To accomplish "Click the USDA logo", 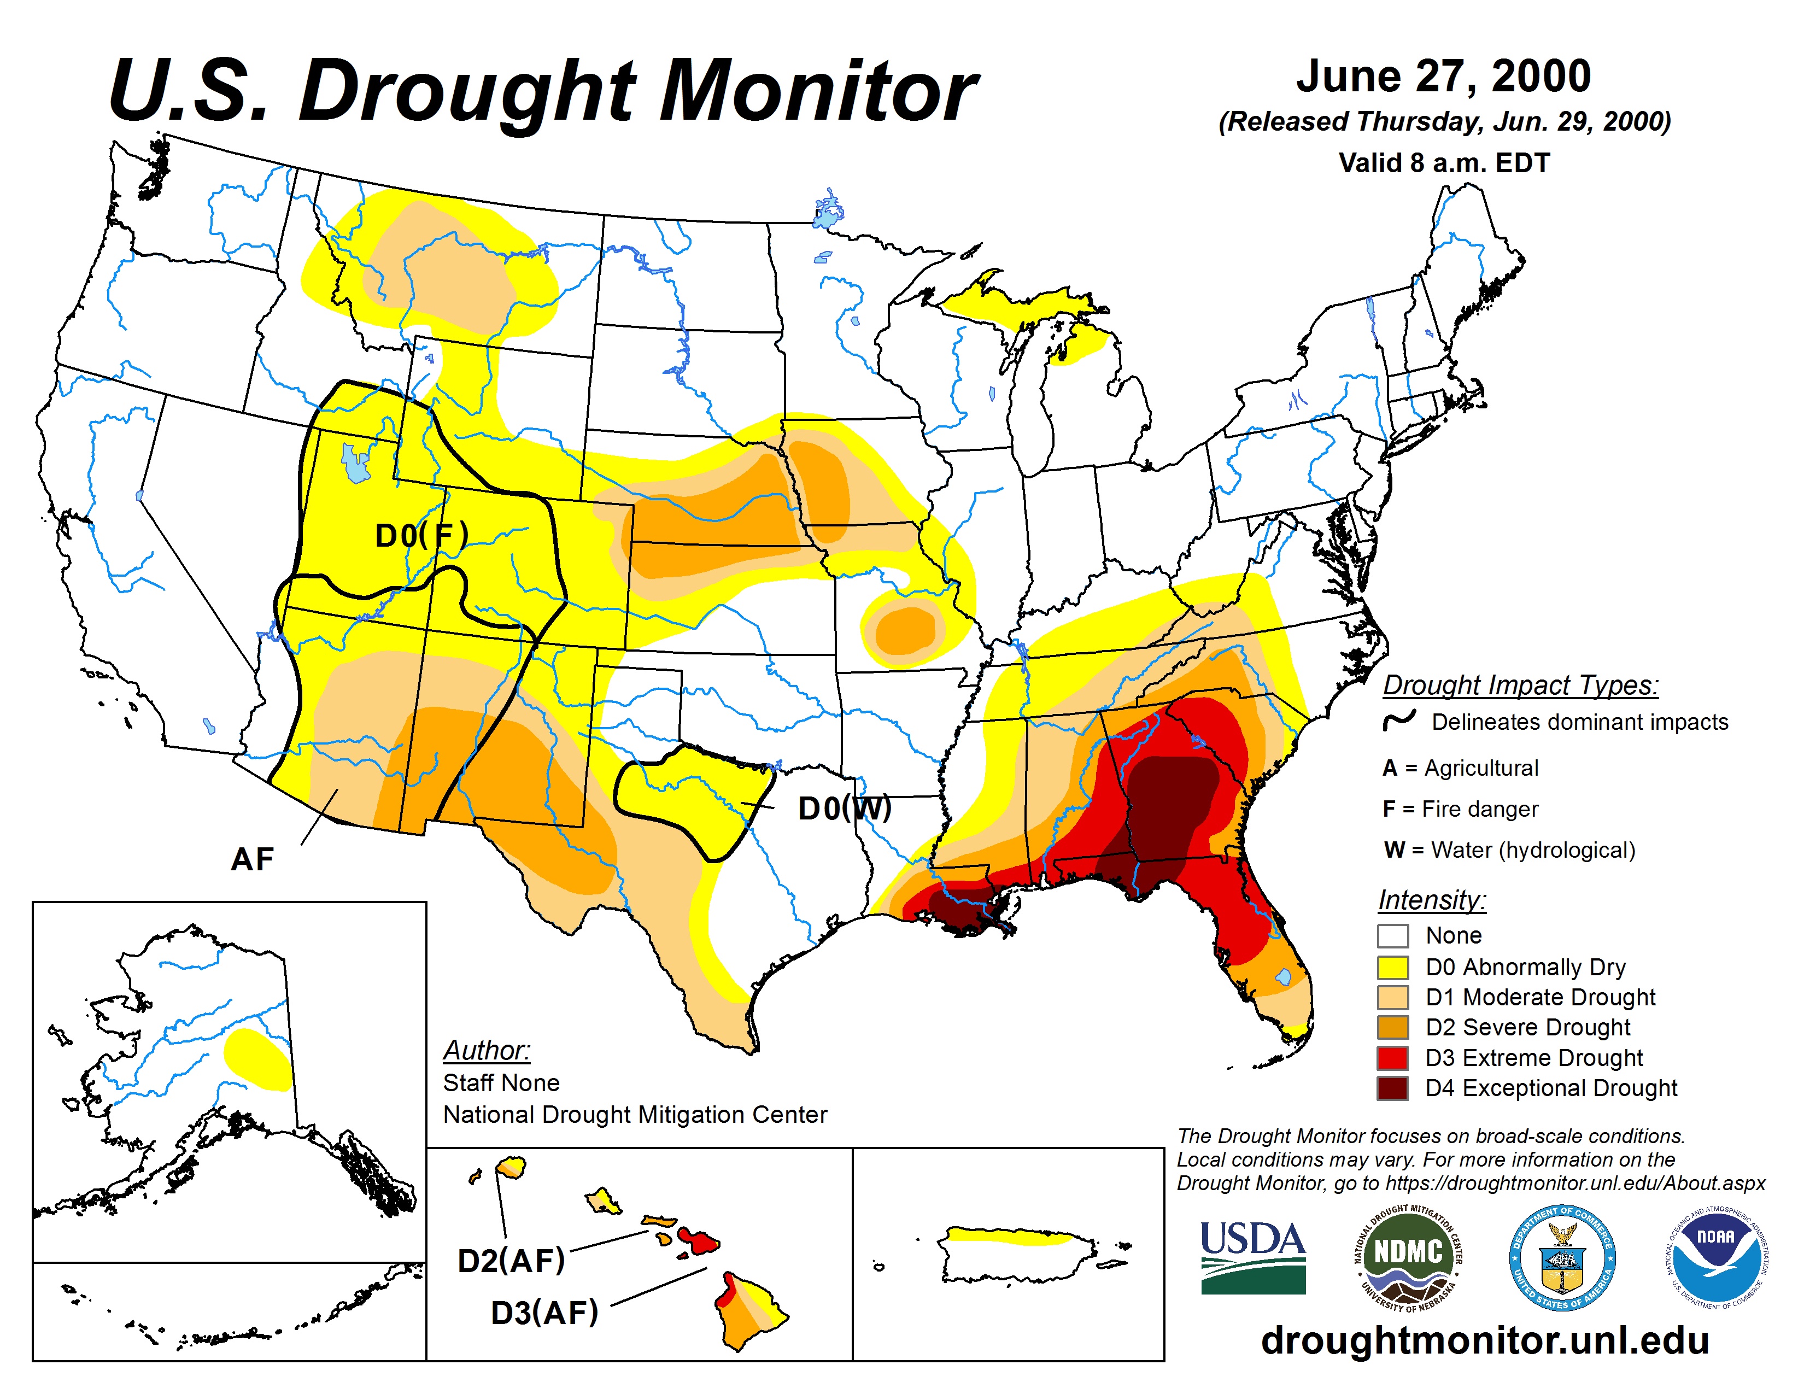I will pyautogui.click(x=1252, y=1257).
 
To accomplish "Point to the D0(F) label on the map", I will pyautogui.click(x=421, y=535).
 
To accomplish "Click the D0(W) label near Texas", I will pyautogui.click(x=844, y=809).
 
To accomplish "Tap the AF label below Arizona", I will pyautogui.click(x=252, y=860).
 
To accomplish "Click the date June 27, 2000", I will pyautogui.click(x=1443, y=76).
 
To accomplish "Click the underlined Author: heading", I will pyautogui.click(x=487, y=1051).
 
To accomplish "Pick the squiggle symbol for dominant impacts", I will pyautogui.click(x=1399, y=721).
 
